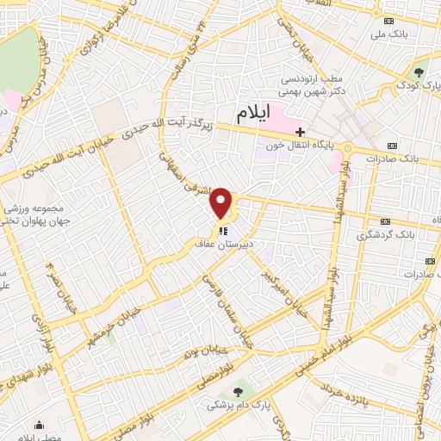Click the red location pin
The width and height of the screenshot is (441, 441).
(221, 203)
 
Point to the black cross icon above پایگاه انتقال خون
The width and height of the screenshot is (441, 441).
(300, 132)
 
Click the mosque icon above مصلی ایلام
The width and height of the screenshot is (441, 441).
(40, 424)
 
